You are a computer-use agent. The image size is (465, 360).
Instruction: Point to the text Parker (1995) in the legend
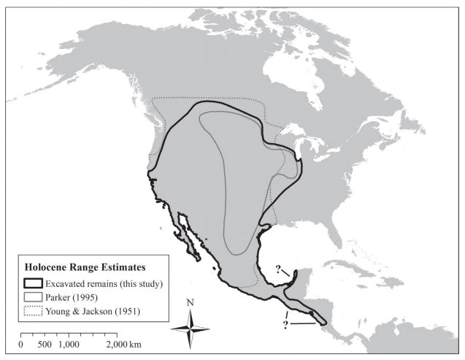pyautogui.click(x=77, y=297)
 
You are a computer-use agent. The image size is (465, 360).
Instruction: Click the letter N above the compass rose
pyautogui.click(x=190, y=302)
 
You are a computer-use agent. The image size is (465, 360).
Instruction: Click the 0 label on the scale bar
pyautogui.click(x=21, y=344)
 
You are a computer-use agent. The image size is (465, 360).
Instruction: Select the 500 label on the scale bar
pyautogui.click(x=45, y=344)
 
